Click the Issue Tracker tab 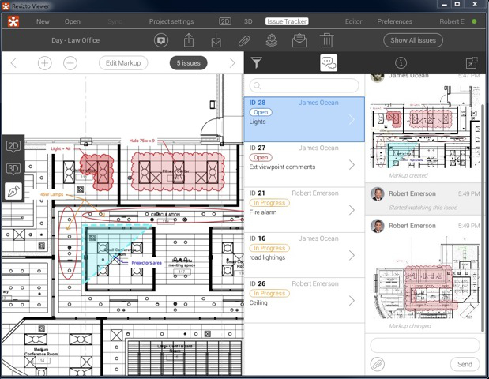[x=287, y=21]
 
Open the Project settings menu [x=171, y=21]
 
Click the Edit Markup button [x=123, y=63]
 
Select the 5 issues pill [x=188, y=63]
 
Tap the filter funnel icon [x=256, y=63]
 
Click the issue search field [x=304, y=85]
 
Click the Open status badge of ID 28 [x=261, y=112]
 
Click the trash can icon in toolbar [x=326, y=40]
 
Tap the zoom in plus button [x=44, y=63]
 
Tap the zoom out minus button [x=70, y=63]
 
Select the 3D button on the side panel [x=13, y=168]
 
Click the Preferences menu [x=394, y=21]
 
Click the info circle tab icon [x=401, y=63]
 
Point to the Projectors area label [x=146, y=262]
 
